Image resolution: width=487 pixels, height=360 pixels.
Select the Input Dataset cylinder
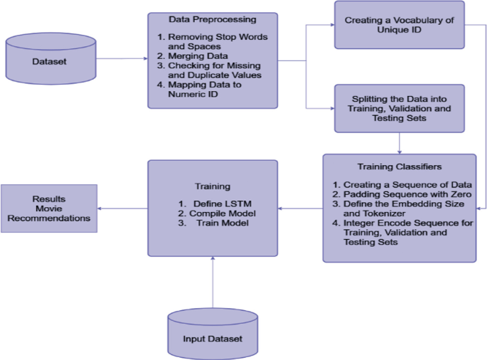(x=211, y=338)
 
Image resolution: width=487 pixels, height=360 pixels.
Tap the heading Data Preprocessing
(x=213, y=19)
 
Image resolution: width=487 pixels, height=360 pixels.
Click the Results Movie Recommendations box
(x=49, y=208)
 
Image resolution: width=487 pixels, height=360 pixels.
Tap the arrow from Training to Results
(x=122, y=208)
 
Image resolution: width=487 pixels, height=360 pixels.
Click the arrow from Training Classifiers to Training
(x=299, y=208)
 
